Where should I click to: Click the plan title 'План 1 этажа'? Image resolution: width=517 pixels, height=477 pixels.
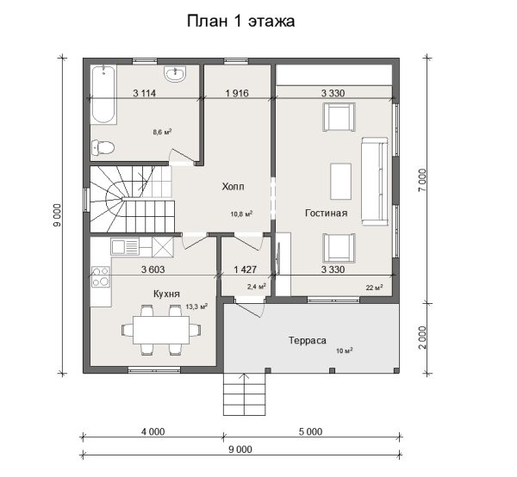click(240, 22)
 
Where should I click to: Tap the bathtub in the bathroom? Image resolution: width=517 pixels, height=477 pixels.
click(103, 95)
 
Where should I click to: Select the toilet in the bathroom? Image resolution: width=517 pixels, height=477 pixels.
click(103, 147)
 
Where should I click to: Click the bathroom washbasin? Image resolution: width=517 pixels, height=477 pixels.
click(175, 74)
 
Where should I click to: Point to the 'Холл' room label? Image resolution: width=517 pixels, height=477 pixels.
click(234, 187)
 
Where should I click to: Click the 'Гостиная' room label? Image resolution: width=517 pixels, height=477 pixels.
click(326, 214)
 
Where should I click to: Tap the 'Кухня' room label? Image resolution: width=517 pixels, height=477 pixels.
click(166, 294)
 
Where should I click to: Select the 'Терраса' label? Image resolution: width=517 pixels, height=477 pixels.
click(308, 340)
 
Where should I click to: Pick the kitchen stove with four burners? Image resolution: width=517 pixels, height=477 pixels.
click(101, 276)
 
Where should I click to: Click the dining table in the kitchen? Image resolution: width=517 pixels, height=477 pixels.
click(161, 330)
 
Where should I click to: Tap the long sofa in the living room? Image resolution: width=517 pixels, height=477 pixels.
click(375, 182)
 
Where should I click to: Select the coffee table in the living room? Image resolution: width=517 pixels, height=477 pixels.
click(341, 181)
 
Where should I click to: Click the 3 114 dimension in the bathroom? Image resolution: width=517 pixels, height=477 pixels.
click(144, 93)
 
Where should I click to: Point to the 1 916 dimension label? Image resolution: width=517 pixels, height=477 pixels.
click(237, 93)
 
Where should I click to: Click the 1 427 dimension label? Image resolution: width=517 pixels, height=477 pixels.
click(245, 269)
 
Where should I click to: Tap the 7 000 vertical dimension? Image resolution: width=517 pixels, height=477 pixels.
click(422, 180)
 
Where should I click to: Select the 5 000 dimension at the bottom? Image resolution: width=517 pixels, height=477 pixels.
click(310, 431)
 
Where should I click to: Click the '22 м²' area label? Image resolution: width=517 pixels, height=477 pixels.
click(374, 288)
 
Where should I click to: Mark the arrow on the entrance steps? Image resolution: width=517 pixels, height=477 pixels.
click(244, 394)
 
